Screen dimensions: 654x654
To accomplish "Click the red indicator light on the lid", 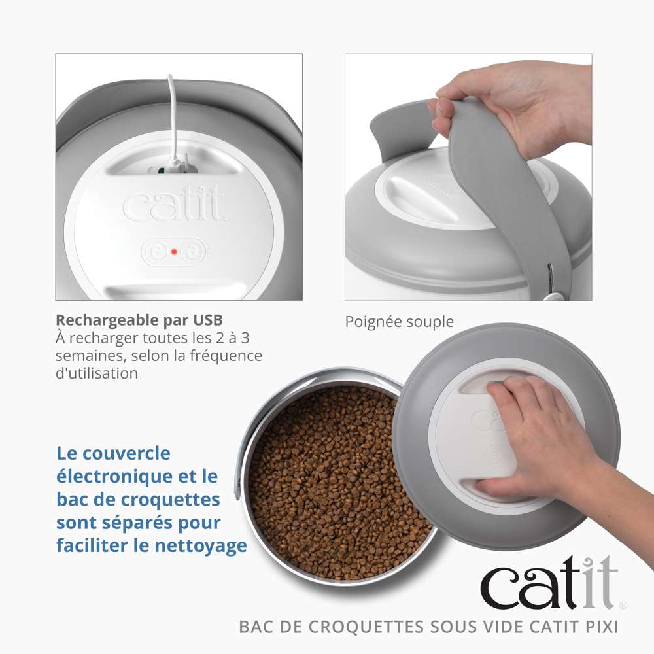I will (173, 251).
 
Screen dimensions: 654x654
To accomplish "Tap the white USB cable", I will (171, 118).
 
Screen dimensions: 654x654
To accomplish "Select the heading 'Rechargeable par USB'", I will (139, 320).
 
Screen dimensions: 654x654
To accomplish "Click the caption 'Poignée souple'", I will (399, 322).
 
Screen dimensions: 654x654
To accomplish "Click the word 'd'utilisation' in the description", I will (97, 373).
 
